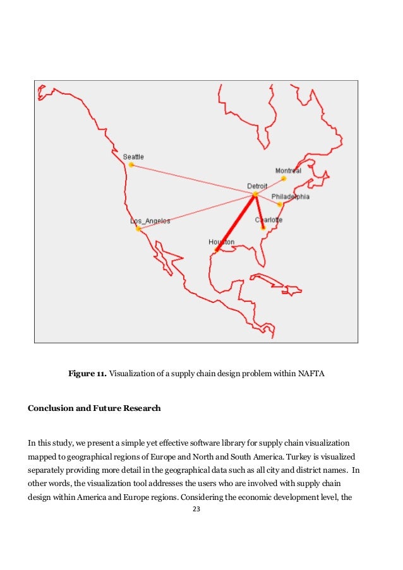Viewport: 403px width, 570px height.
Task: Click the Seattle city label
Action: [133, 157]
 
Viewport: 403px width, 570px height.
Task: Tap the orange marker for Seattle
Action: [131, 165]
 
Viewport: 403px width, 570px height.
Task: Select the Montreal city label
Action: [287, 171]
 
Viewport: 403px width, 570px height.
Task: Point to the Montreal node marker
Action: [284, 179]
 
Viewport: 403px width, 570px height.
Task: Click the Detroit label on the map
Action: [256, 186]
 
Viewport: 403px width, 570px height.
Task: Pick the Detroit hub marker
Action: [255, 194]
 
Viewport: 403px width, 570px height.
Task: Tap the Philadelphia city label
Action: [291, 197]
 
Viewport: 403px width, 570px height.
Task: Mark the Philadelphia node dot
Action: [280, 205]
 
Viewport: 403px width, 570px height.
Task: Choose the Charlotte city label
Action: [268, 220]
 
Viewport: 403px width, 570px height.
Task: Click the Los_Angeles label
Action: [150, 221]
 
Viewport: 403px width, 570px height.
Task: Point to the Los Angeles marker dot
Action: [138, 229]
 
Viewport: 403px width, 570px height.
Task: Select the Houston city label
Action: [221, 242]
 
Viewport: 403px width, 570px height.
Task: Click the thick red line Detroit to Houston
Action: [236, 222]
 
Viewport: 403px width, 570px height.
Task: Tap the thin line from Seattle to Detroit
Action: [193, 180]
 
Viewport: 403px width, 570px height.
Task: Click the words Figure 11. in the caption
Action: [87, 375]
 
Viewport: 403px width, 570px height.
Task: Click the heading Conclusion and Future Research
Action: [94, 408]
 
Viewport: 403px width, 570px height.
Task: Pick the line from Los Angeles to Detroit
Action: [196, 211]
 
